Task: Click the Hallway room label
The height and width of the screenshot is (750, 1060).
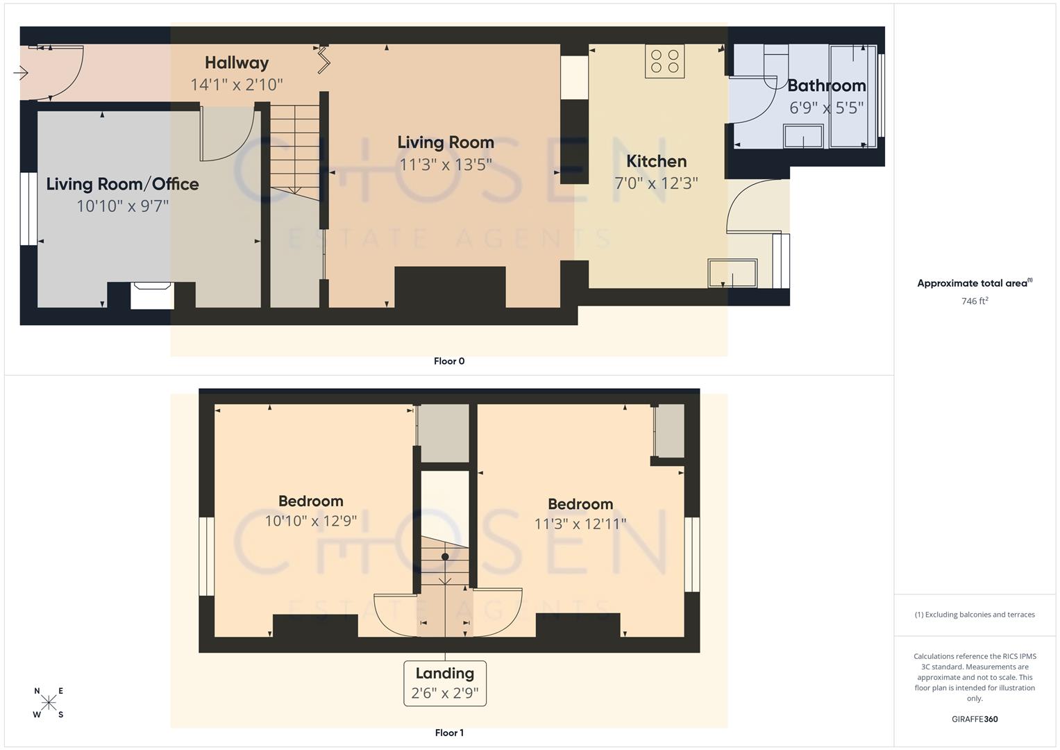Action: coord(237,63)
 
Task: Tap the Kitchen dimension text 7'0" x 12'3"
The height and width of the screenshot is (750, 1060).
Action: coord(656,183)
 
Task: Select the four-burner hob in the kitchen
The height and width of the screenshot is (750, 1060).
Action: coord(664,60)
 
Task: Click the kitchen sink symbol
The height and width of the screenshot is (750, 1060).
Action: coord(732,273)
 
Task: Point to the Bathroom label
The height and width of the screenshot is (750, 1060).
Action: coord(826,86)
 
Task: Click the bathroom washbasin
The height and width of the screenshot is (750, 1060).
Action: coord(803,136)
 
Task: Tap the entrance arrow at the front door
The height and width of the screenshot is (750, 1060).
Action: coord(20,72)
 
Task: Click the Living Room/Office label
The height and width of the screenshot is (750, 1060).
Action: coord(122,184)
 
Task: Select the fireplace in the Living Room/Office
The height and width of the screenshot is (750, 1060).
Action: coord(152,295)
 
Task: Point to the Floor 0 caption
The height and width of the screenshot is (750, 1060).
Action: coord(449,361)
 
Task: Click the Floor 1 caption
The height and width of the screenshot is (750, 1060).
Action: coord(449,733)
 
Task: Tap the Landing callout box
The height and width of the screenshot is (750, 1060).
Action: coord(445,683)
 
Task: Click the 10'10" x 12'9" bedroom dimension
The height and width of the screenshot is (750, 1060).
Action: coord(310,521)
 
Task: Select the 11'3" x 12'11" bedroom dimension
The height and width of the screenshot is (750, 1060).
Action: coord(580,524)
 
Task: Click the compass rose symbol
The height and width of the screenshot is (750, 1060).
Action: coord(49,703)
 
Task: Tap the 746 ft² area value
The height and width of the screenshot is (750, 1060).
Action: coord(975,301)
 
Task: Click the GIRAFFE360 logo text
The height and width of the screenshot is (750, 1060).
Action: coord(975,719)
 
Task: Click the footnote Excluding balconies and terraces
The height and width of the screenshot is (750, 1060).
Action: coord(975,615)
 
